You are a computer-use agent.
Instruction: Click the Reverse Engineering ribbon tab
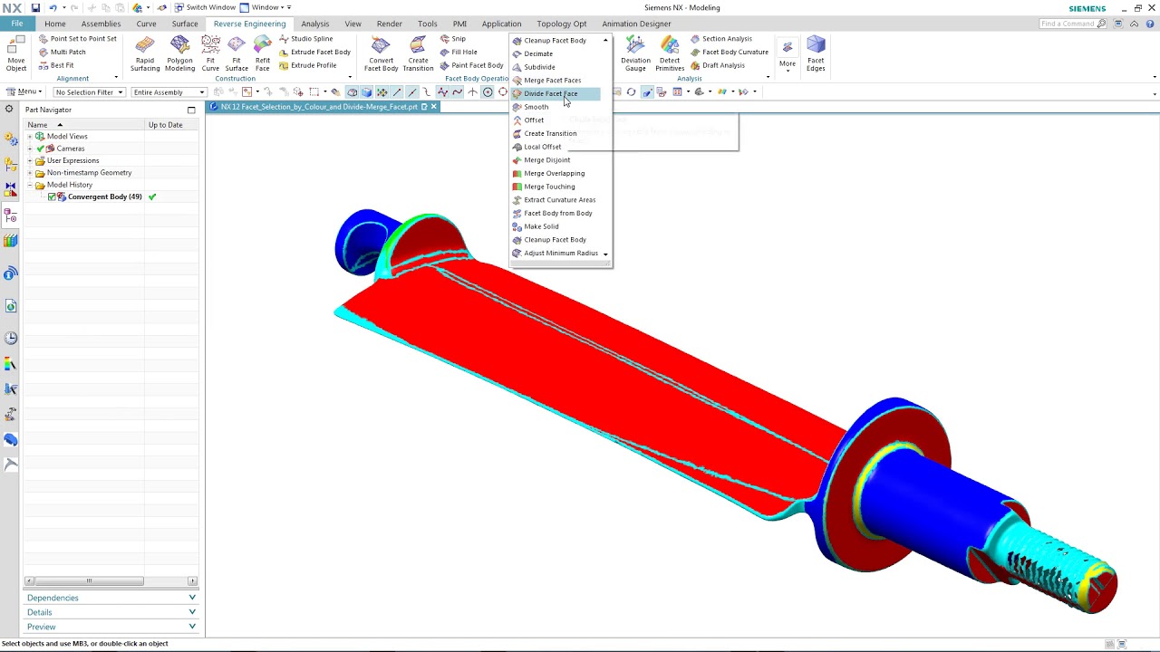[249, 24]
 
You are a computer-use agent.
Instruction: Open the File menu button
[16, 24]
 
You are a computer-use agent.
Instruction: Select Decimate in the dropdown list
[538, 53]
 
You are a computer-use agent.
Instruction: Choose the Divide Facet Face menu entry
[550, 93]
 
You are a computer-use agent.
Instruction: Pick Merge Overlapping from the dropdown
[554, 173]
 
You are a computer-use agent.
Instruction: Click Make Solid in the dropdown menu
[541, 226]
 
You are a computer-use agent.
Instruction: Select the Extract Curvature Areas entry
[559, 200]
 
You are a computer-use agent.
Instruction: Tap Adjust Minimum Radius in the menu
[560, 254]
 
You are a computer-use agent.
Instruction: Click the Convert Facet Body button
[381, 54]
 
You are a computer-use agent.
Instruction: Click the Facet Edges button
[816, 54]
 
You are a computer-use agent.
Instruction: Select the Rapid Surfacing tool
[145, 54]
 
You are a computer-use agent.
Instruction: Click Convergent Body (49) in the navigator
[104, 197]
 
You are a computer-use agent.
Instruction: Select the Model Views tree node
[67, 137]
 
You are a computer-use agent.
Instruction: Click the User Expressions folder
[72, 160]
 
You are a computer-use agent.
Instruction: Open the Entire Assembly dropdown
[169, 92]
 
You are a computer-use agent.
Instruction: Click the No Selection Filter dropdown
[89, 92]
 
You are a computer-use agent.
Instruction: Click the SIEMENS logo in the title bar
[1087, 8]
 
